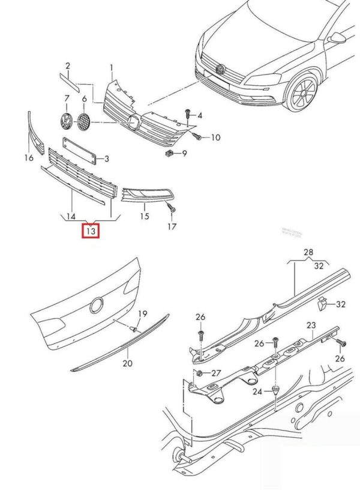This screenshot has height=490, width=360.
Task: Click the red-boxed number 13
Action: point(91,231)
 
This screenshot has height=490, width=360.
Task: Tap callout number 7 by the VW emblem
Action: point(67,98)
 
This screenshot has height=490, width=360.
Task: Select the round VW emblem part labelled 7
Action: point(65,121)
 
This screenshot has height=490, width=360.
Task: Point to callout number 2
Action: point(68,65)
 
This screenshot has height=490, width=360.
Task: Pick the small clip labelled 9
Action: point(169,153)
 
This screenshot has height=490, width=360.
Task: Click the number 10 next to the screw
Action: point(215,138)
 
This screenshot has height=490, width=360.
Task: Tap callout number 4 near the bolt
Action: point(200,115)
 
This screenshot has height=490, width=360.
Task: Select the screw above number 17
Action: point(172,209)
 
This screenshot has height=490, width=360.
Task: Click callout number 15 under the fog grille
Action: point(145,216)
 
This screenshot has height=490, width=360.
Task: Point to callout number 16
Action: point(28,158)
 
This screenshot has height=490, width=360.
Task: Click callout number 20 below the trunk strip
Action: point(127,363)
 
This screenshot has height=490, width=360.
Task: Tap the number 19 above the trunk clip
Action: point(143,314)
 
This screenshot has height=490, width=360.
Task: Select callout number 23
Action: point(311,325)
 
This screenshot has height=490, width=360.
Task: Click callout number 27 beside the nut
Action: point(216,373)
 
